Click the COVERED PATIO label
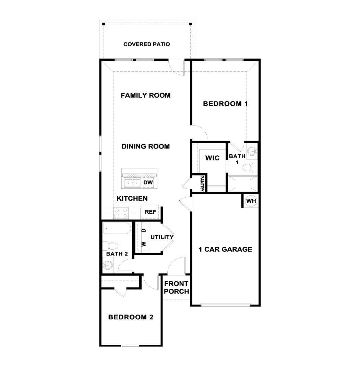point(146,44)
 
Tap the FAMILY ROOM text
point(145,95)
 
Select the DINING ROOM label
point(145,146)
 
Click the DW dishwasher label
point(148,182)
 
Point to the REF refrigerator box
point(150,212)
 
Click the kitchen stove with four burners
point(121,213)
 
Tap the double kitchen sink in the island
point(132,182)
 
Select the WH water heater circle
point(251,201)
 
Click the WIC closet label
point(212,158)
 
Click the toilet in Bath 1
point(249,168)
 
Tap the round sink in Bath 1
point(252,152)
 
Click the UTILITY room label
point(162,237)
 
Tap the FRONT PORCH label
point(176,287)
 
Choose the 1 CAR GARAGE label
point(225,249)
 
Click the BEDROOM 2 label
point(131,317)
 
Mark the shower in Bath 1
point(243,183)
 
